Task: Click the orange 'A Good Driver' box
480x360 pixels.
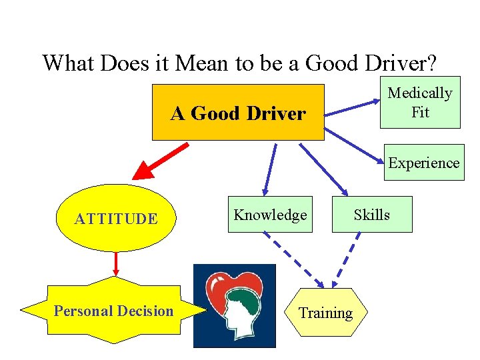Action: click(238, 113)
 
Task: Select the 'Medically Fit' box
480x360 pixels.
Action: click(420, 103)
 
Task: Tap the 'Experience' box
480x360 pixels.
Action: click(424, 163)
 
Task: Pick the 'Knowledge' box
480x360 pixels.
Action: click(270, 215)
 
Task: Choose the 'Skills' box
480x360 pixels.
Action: click(372, 215)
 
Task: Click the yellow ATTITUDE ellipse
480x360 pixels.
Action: click(117, 218)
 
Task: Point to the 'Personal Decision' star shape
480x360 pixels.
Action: click(113, 311)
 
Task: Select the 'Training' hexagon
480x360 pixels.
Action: click(325, 313)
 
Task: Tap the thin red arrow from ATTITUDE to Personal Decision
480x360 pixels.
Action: click(117, 263)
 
